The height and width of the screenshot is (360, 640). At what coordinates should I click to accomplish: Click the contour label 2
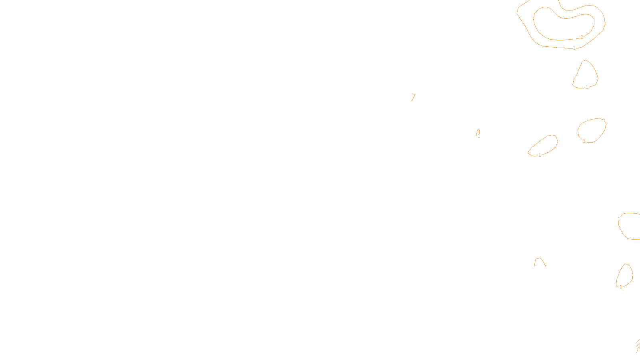pyautogui.click(x=582, y=37)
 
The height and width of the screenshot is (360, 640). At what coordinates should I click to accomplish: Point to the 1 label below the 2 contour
pyautogui.click(x=574, y=48)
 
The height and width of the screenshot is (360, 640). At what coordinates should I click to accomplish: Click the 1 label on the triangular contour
pyautogui.click(x=587, y=87)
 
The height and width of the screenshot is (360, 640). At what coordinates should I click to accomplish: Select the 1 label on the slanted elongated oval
pyautogui.click(x=540, y=155)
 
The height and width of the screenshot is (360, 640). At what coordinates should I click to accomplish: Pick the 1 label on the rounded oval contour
pyautogui.click(x=584, y=141)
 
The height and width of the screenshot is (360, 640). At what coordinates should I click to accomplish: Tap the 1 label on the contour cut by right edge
pyautogui.click(x=619, y=219)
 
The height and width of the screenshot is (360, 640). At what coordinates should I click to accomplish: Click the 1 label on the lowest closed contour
pyautogui.click(x=621, y=287)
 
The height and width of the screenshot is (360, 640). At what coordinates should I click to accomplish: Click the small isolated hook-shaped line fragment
pyautogui.click(x=413, y=97)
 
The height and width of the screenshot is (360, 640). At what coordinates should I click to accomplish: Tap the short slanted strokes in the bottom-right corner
pyautogui.click(x=638, y=345)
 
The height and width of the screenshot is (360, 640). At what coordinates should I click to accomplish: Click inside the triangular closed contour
pyautogui.click(x=586, y=76)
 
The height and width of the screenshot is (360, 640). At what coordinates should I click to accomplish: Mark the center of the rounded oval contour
pyautogui.click(x=592, y=130)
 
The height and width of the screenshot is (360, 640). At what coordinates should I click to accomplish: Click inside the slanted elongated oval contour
pyautogui.click(x=544, y=146)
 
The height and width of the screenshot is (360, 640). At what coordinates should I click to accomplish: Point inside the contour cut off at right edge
pyautogui.click(x=630, y=226)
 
